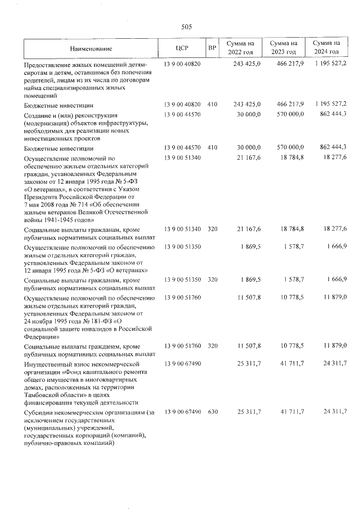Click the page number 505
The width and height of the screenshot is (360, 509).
[x=187, y=26]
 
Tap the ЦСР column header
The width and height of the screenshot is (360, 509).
[x=182, y=48]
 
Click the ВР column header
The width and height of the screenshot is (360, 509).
[x=212, y=48]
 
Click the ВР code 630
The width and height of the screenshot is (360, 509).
[x=212, y=413]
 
